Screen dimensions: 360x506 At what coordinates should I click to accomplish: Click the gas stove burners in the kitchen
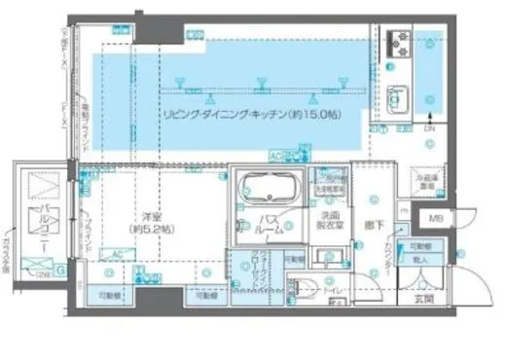pyautogui.click(x=401, y=42)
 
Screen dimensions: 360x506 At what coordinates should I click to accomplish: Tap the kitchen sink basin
pyautogui.click(x=400, y=98)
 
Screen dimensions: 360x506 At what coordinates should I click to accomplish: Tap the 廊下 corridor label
pyautogui.click(x=376, y=223)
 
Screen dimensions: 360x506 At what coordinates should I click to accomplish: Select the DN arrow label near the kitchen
pyautogui.click(x=429, y=127)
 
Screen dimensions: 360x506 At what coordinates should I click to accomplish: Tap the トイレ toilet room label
pyautogui.click(x=333, y=289)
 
